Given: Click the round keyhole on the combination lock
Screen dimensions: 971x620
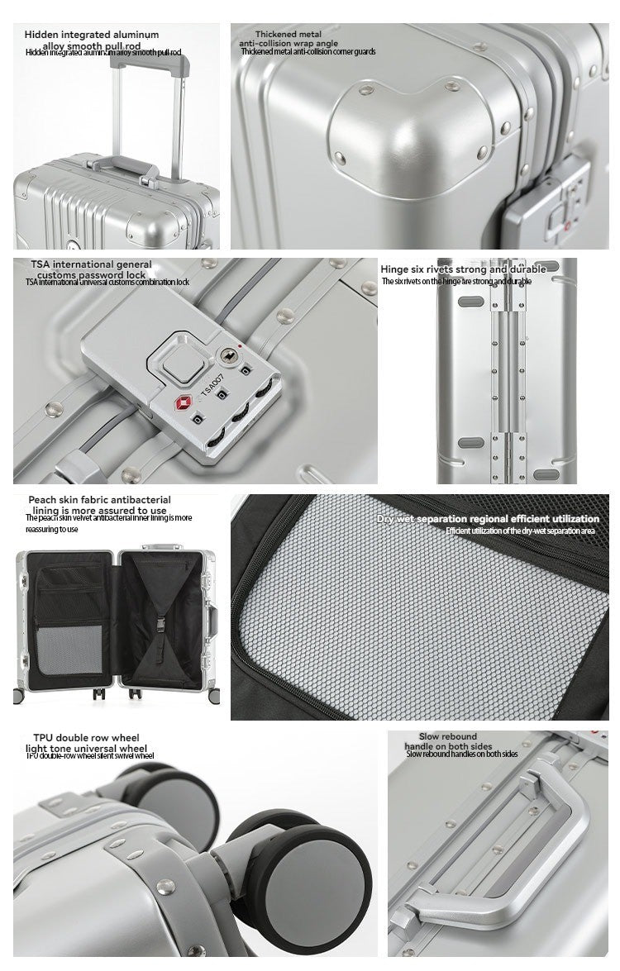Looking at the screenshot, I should click(x=226, y=356).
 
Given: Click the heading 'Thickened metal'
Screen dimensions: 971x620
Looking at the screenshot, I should click(x=288, y=35).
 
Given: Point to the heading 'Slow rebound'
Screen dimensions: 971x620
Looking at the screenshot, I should click(x=447, y=736).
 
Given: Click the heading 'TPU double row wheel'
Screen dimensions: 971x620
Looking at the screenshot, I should click(x=86, y=737).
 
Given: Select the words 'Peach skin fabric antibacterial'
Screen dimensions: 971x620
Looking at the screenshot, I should click(x=99, y=499).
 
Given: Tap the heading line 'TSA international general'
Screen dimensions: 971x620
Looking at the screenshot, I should click(x=91, y=264).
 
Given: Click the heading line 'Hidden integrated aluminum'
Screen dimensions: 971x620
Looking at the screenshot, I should click(x=91, y=35).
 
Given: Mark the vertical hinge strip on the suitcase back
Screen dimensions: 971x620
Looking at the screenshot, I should click(x=507, y=380).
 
